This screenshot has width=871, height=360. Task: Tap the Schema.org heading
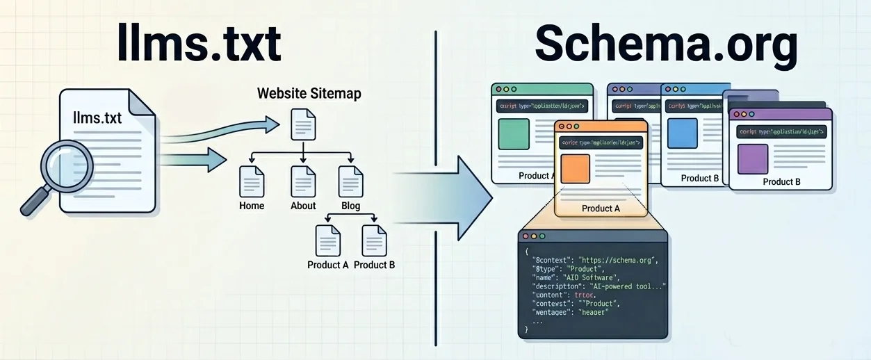pos(666,47)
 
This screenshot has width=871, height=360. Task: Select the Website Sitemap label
pos(309,93)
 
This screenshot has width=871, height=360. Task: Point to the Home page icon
pos(251,182)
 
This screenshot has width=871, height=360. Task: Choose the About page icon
pos(303,182)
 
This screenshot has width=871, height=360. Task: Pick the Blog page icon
pos(350,182)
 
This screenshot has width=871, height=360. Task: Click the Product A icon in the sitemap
pos(327,240)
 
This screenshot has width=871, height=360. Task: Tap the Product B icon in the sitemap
pos(374,240)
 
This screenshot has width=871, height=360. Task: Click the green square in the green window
pos(514,134)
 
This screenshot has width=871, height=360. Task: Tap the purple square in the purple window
pos(753,158)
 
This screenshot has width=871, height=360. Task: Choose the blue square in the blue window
pos(681,133)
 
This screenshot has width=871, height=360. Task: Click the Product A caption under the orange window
pos(601,208)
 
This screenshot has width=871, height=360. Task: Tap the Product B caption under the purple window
pos(781,182)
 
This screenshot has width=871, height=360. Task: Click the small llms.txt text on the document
pos(97,118)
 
